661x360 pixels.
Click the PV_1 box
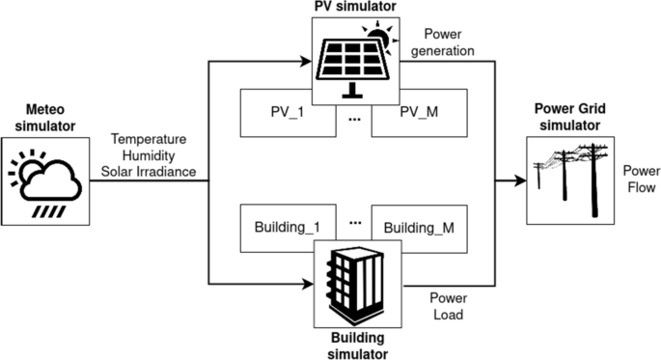pyautogui.click(x=287, y=111)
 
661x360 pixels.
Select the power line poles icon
pyautogui.click(x=571, y=179)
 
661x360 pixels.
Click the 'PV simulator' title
pyautogui.click(x=353, y=8)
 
